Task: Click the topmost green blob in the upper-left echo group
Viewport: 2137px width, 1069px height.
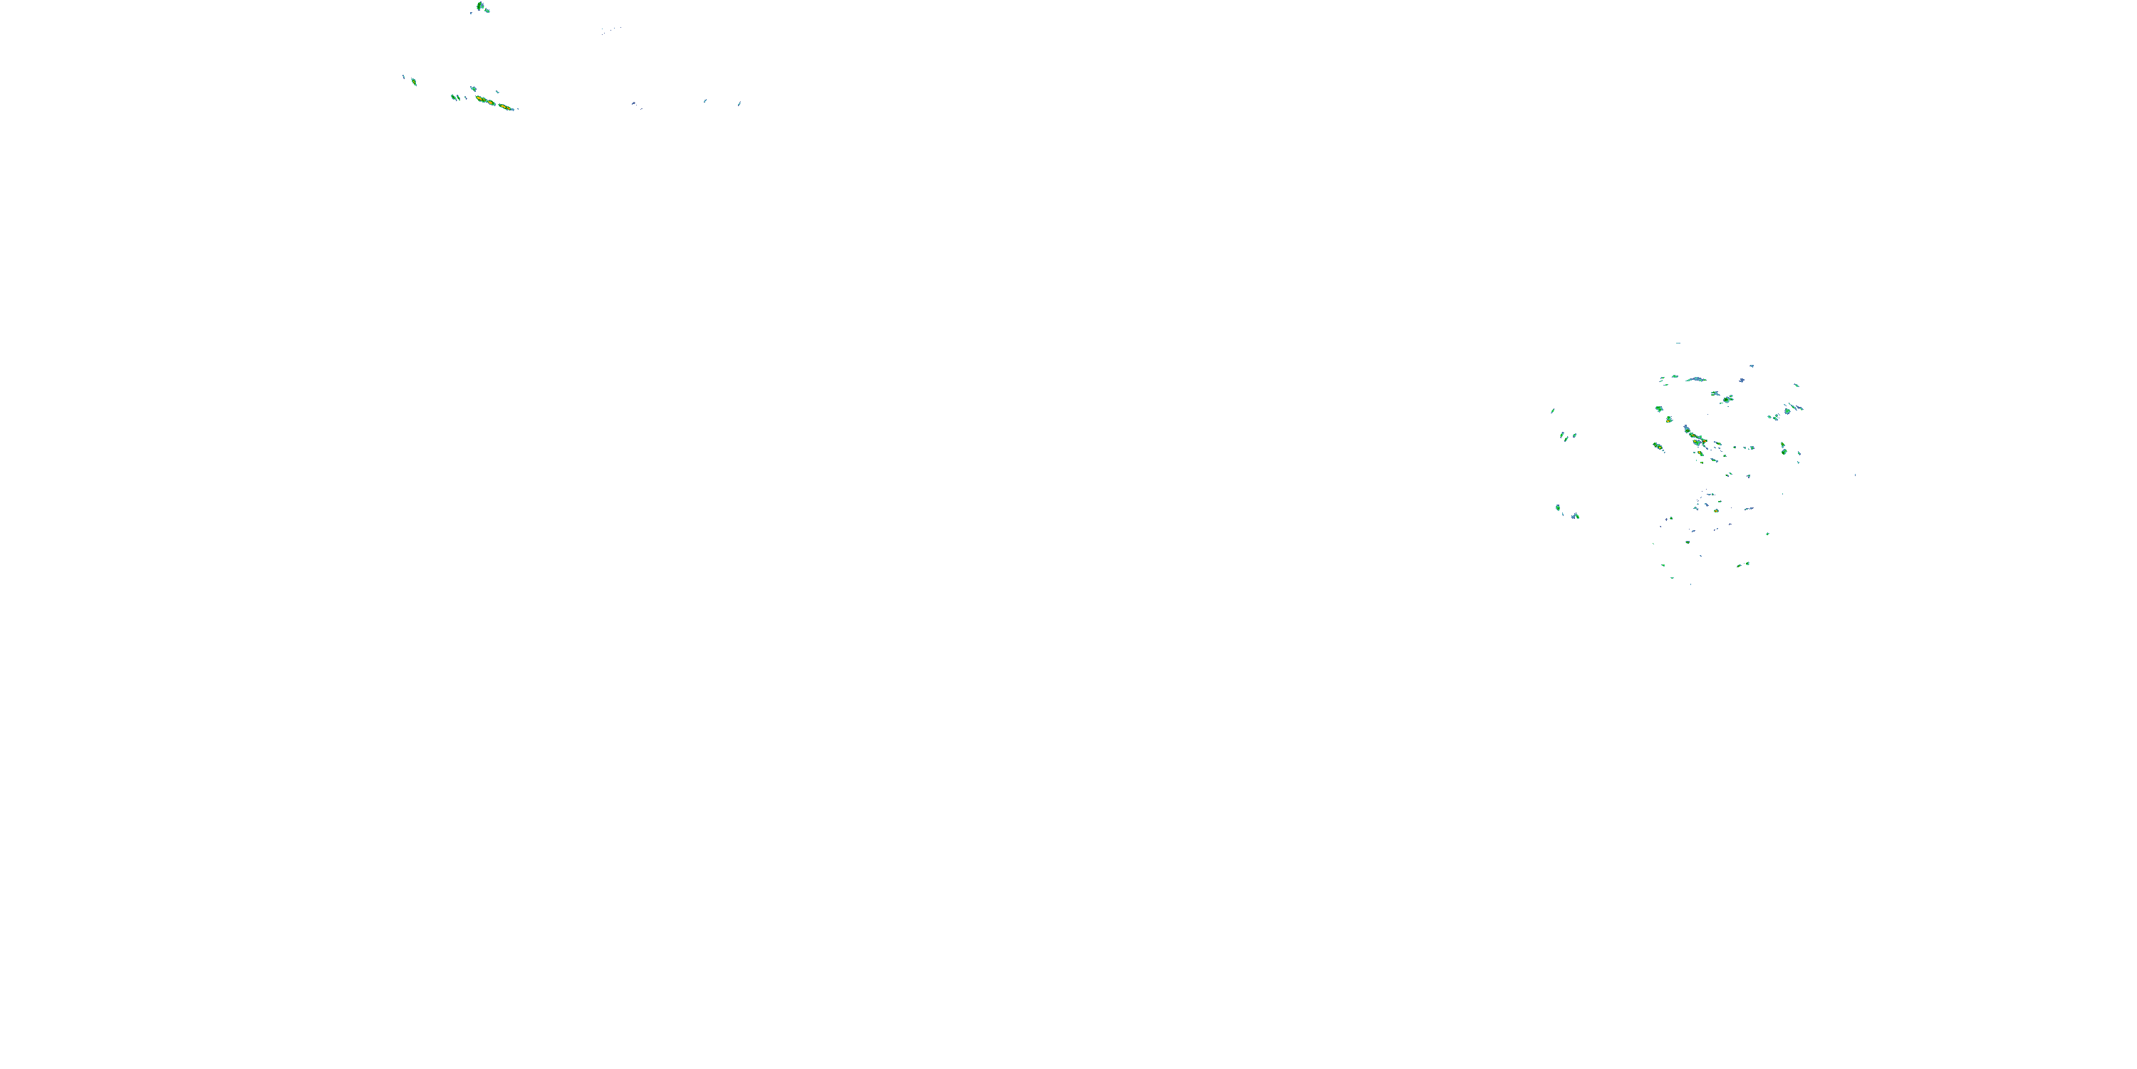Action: (x=481, y=7)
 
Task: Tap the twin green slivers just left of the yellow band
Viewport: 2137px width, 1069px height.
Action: (x=454, y=97)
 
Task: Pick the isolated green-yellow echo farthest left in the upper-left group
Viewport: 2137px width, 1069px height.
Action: (x=413, y=81)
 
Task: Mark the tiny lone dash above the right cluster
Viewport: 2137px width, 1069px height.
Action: (x=1678, y=343)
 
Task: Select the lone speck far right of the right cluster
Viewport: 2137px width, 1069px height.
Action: (x=1855, y=475)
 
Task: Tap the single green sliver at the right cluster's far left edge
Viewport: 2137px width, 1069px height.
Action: (x=1552, y=410)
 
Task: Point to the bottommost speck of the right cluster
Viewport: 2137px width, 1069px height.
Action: (x=1690, y=584)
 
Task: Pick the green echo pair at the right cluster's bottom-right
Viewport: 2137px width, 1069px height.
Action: (x=1744, y=564)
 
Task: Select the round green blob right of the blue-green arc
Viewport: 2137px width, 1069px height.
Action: (x=1727, y=399)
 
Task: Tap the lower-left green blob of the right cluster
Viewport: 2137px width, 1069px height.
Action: (x=1559, y=508)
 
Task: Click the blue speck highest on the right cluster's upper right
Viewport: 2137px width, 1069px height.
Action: (x=1751, y=365)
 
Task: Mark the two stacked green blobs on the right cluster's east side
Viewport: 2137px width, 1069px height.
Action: (x=1784, y=449)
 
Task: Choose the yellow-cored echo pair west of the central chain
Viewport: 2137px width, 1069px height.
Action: (x=1658, y=447)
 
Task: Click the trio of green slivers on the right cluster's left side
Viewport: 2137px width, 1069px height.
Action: (x=1566, y=435)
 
